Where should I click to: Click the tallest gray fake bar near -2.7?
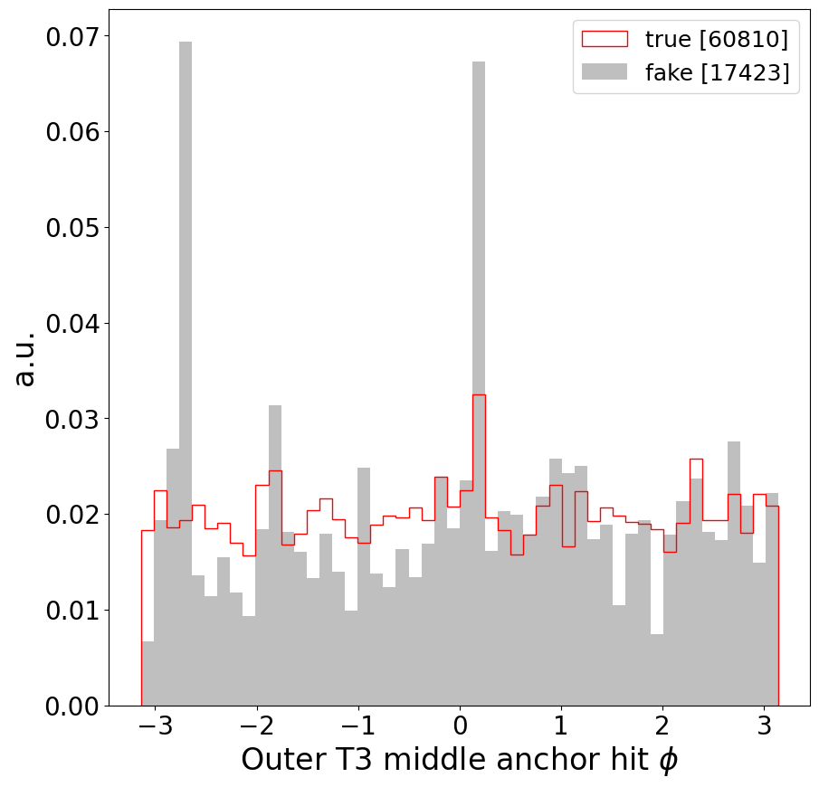coord(186,362)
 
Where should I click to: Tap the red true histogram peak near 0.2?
coord(479,395)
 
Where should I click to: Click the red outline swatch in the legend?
coord(604,39)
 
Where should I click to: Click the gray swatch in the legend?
coord(604,73)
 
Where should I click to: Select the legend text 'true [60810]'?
coord(716,39)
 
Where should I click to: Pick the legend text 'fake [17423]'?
coord(716,73)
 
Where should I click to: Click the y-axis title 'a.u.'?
coord(26,358)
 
